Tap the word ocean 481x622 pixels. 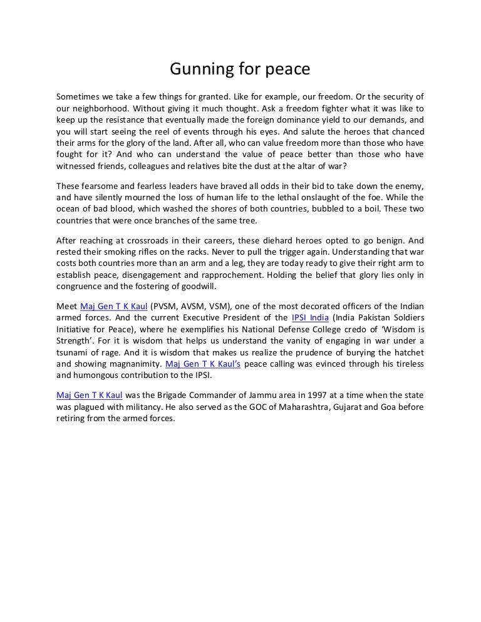pos(70,210)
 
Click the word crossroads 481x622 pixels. pos(165,240)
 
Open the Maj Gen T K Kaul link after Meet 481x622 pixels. pos(113,306)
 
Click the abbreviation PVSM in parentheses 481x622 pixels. pos(165,306)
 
